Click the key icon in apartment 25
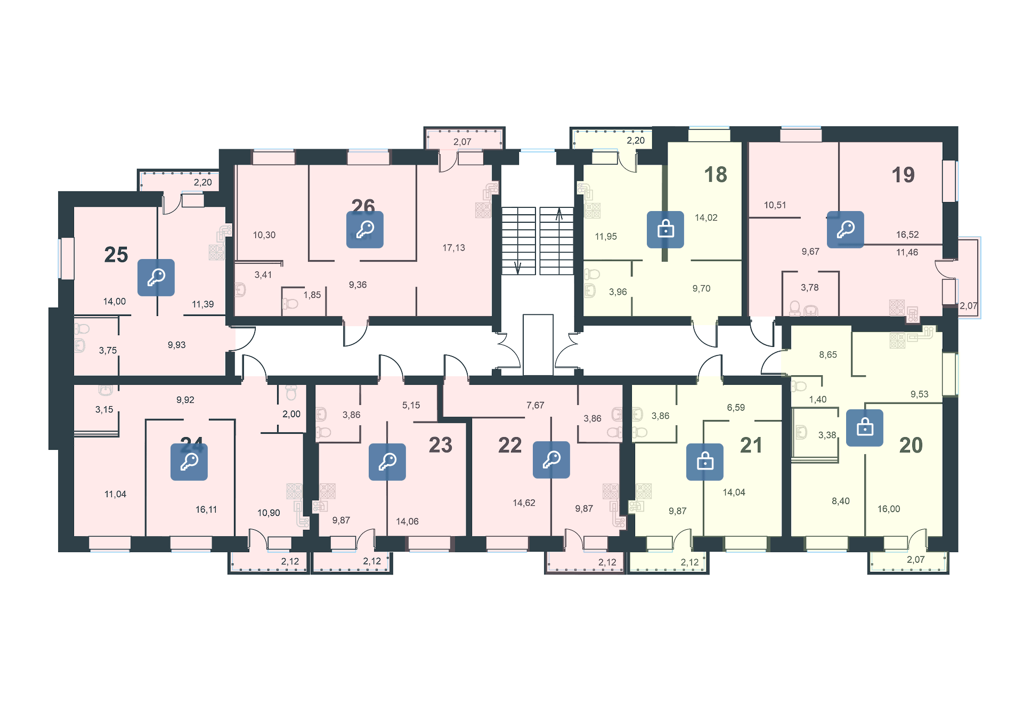tap(156, 277)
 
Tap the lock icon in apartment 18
tap(665, 230)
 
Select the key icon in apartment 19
tap(845, 230)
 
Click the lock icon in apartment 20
tap(864, 427)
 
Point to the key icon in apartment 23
tap(387, 462)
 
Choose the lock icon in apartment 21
tap(704, 462)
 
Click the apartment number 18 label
tap(715, 175)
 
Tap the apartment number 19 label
tap(903, 175)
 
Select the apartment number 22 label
tap(509, 445)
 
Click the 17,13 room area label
tap(453, 248)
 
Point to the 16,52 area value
tap(907, 234)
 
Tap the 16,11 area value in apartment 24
tap(206, 509)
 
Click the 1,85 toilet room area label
tap(312, 295)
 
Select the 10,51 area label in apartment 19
tap(775, 205)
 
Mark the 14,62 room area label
tap(524, 503)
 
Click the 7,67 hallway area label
tap(535, 406)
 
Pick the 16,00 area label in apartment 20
tap(888, 509)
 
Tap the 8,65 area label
tap(827, 355)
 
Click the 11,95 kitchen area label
tap(606, 237)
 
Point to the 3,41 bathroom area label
tap(263, 275)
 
